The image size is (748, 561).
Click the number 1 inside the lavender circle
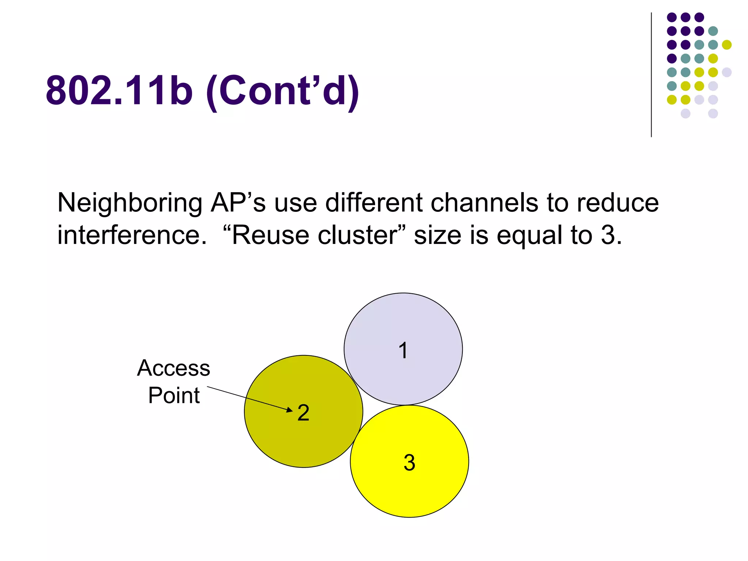403,351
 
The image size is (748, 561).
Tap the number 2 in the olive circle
304,413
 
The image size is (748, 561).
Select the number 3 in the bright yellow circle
409,462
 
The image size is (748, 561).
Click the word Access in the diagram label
173,368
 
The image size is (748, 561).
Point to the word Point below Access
174,395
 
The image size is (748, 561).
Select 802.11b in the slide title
119,90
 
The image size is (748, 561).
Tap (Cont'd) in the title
283,91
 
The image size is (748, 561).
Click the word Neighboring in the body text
130,203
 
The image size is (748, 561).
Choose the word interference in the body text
129,235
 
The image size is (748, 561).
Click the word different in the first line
374,202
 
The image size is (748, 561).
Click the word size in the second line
438,235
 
